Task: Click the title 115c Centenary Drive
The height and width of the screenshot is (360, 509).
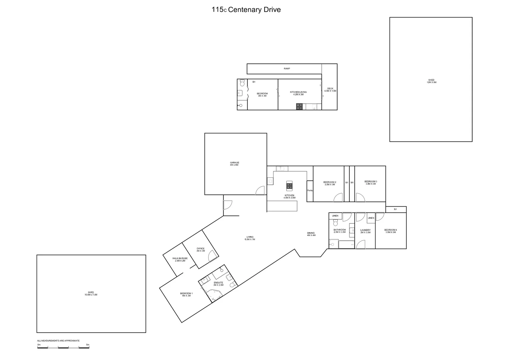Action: [246, 10]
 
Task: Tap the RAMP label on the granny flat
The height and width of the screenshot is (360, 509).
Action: [287, 69]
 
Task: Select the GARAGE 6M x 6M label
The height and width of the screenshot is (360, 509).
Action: [234, 164]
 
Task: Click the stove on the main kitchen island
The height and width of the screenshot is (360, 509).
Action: [289, 185]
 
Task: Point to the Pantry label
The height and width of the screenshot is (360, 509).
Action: [310, 190]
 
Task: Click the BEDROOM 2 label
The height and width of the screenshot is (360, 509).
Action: [329, 183]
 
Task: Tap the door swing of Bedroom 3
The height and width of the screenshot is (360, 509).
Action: [360, 198]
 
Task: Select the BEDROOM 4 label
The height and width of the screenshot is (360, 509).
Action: [390, 231]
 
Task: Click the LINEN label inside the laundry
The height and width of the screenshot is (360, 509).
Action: [371, 218]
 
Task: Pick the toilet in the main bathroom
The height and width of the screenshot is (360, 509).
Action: [335, 223]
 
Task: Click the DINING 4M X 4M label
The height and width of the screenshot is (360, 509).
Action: [311, 234]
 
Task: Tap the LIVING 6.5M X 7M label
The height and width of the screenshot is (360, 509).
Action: [250, 238]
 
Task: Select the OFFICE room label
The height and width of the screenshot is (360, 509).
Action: [201, 249]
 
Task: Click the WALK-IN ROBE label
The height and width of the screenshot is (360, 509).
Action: [180, 259]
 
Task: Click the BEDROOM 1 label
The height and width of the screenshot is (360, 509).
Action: [186, 294]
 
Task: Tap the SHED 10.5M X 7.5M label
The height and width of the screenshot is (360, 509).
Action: [91, 293]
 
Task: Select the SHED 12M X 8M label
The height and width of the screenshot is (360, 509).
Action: [431, 81]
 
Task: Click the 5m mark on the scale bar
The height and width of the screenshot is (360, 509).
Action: [88, 345]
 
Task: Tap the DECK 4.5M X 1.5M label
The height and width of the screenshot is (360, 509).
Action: [330, 90]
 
